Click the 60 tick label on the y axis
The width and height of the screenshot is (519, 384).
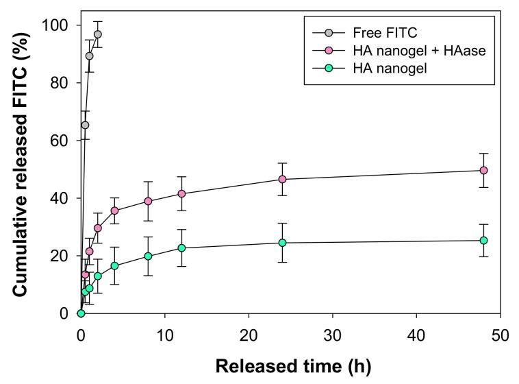pyautogui.click(x=66, y=141)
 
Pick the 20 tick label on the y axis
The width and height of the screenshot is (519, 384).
pyautogui.click(x=66, y=256)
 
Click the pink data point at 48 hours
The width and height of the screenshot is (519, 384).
pyautogui.click(x=483, y=170)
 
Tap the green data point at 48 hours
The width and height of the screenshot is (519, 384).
pyautogui.click(x=483, y=240)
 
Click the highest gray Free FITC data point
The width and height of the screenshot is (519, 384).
pyautogui.click(x=97, y=34)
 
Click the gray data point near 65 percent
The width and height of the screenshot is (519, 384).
pyautogui.click(x=85, y=125)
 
